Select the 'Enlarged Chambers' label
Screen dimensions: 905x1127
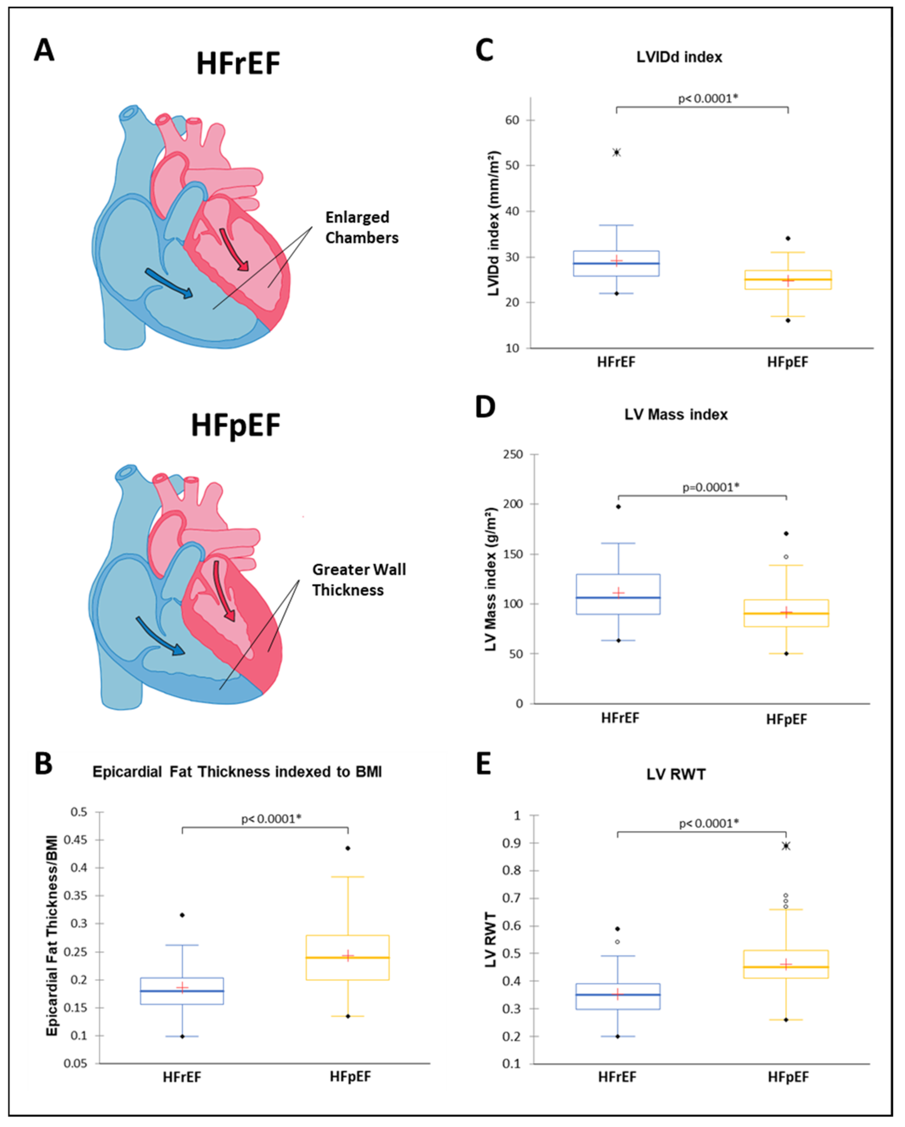click(362, 227)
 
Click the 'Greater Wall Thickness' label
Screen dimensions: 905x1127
click(359, 580)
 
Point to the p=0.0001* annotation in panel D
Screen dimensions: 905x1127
click(711, 487)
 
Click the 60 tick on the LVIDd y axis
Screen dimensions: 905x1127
click(512, 120)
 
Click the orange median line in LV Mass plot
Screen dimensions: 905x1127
click(786, 613)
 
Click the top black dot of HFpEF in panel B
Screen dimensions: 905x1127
click(348, 848)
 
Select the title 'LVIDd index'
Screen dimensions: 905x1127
click(679, 57)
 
